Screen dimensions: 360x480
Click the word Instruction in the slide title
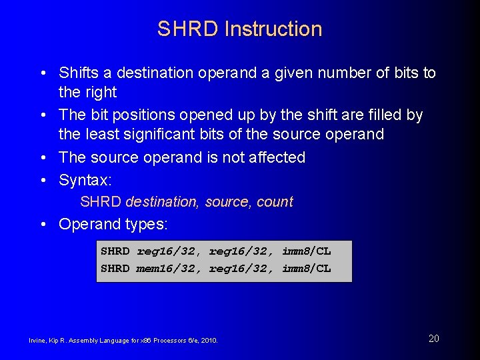(273, 29)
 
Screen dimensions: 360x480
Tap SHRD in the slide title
(189, 29)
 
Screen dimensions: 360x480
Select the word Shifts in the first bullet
(79, 73)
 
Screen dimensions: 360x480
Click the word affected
(275, 158)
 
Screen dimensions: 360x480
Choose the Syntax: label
(85, 180)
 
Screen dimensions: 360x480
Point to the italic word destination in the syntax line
(163, 202)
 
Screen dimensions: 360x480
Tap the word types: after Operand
(146, 224)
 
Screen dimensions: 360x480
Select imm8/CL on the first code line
(306, 251)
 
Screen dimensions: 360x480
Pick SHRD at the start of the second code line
(115, 268)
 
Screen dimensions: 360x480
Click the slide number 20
(433, 339)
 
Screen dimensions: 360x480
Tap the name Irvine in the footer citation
(37, 341)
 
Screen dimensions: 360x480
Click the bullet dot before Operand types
(43, 224)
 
